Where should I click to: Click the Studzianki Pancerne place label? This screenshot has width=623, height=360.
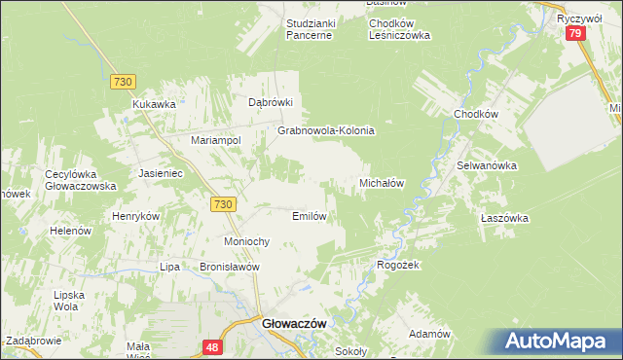(x=310, y=28)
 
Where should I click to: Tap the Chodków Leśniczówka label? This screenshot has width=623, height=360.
(x=386, y=28)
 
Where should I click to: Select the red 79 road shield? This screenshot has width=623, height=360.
(x=575, y=34)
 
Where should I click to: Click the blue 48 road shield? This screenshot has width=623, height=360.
(x=212, y=346)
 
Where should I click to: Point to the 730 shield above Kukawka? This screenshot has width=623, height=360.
(x=122, y=83)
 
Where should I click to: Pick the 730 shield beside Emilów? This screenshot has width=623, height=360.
(x=222, y=203)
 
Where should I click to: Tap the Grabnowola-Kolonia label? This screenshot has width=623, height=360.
(x=326, y=129)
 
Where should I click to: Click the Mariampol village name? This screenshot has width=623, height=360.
(x=215, y=140)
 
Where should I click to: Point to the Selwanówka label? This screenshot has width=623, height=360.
(x=487, y=165)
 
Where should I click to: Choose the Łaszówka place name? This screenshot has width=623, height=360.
(x=504, y=219)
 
